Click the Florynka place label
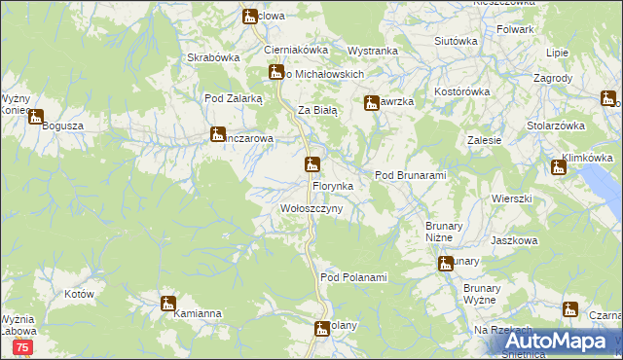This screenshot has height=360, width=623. tap(339, 185)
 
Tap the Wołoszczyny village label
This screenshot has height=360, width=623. tap(311, 209)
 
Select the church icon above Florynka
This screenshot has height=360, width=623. tap(311, 163)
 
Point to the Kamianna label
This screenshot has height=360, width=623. tap(198, 314)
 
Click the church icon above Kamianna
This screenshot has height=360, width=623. tap(167, 303)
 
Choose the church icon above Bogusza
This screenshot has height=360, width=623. tap(36, 118)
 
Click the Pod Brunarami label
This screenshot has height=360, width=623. tap(410, 175)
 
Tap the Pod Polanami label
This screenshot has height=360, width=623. tap(353, 278)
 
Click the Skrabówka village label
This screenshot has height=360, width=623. tap(214, 57)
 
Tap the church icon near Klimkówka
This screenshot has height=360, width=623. tap(558, 166)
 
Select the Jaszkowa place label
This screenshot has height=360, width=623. tap(515, 240)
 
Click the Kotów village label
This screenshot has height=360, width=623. tap(78, 294)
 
